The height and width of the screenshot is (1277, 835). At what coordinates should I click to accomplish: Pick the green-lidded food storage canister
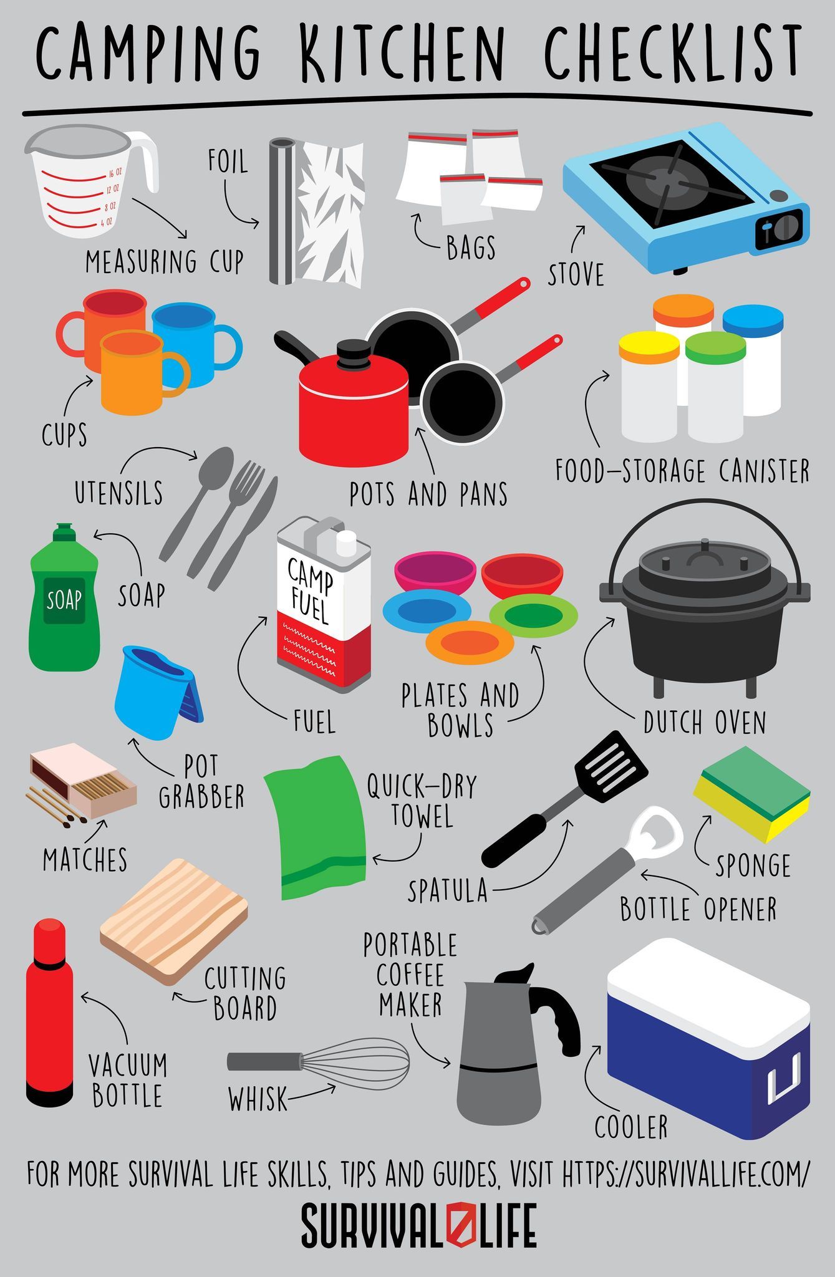[715, 387]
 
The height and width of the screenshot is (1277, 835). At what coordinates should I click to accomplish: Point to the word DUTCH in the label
[674, 723]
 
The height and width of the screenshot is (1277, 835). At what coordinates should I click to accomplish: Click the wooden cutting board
[174, 922]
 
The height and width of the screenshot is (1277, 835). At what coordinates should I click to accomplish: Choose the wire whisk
[318, 1062]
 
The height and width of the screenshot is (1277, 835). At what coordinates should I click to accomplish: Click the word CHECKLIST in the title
[673, 55]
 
